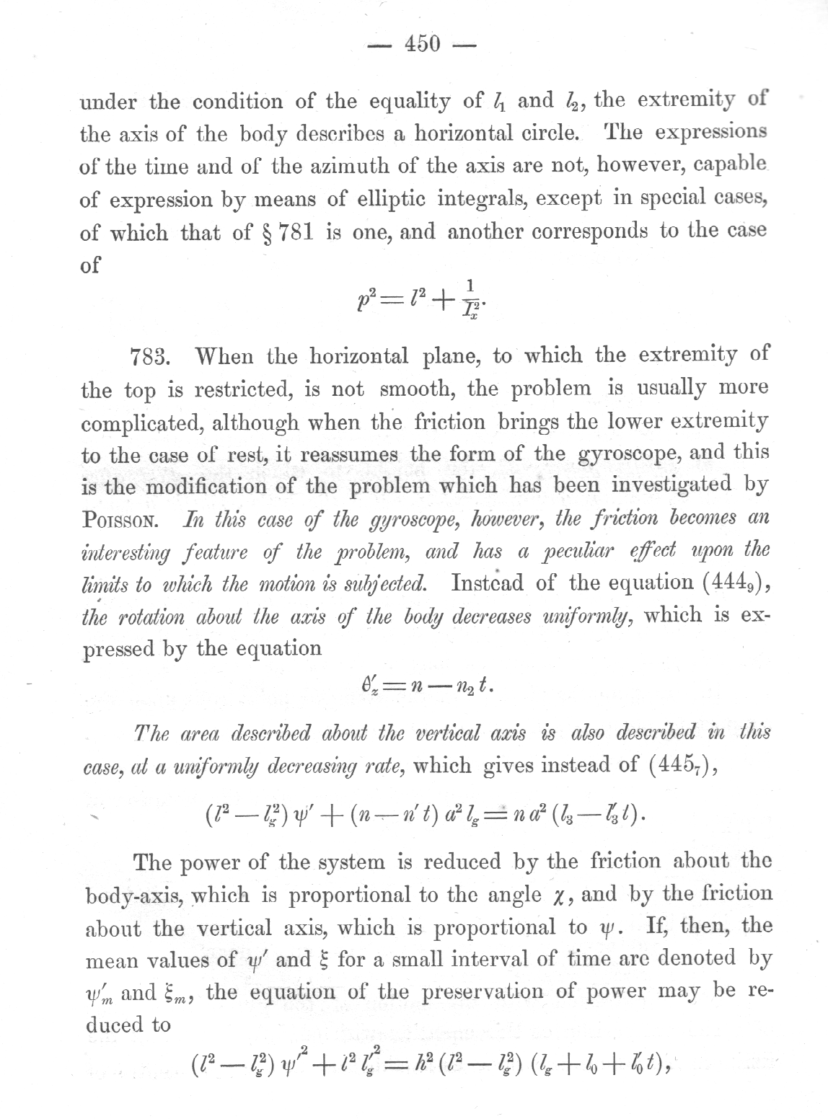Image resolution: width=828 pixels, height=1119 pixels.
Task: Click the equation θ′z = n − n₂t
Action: [421, 685]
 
